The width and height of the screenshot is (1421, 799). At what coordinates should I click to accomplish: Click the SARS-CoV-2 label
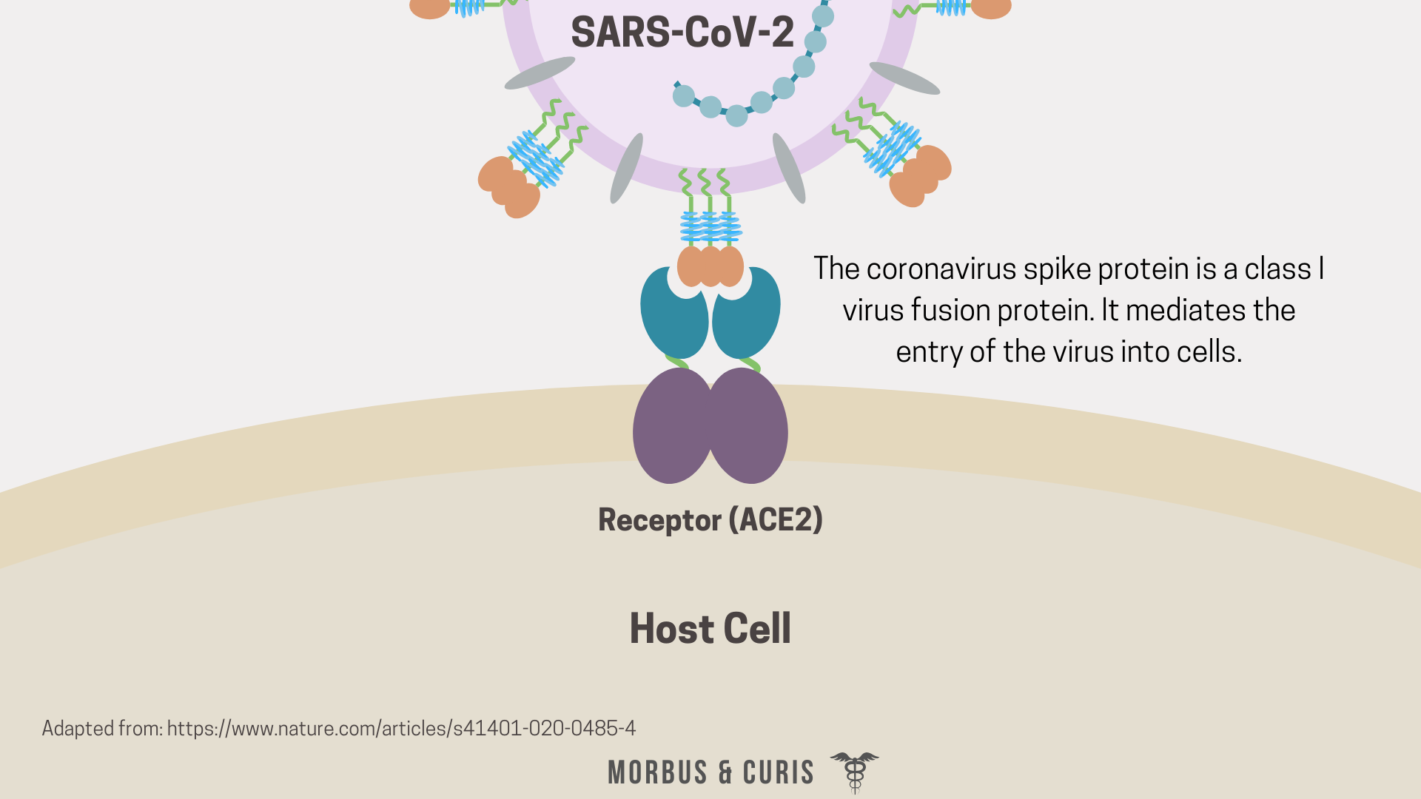682,33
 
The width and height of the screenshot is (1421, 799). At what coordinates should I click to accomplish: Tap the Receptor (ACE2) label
710,519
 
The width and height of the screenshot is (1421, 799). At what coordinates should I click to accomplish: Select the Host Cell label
710,629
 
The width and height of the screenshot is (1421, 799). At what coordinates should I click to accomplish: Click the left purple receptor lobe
671,427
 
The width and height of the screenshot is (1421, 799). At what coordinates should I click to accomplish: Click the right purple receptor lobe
750,427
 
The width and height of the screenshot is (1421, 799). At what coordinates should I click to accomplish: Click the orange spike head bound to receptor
710,266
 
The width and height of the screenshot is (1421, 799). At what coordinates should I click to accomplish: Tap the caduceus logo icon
855,772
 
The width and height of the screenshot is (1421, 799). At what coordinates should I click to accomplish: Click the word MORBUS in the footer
657,773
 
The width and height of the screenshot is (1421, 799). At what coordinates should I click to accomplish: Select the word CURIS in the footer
778,773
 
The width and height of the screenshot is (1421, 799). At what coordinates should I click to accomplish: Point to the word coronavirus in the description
941,269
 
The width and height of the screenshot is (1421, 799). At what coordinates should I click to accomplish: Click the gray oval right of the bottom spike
788,168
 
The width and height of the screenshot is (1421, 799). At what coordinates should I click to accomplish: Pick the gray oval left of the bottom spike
626,168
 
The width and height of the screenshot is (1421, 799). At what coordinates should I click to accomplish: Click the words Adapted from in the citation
101,729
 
